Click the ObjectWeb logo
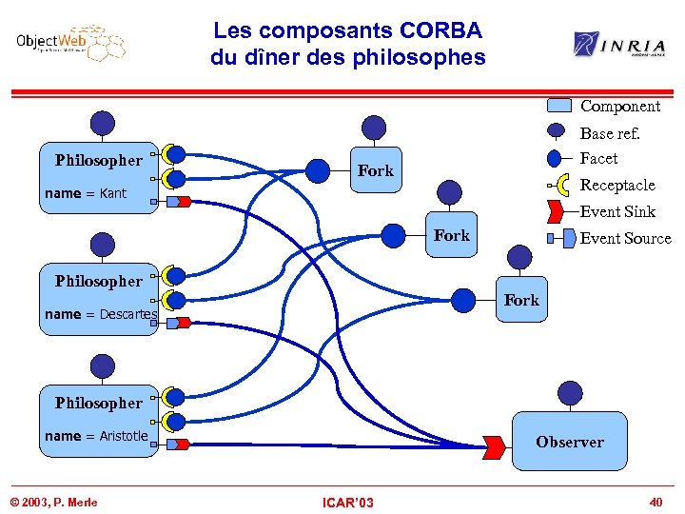coord(71,44)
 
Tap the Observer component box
coord(569,442)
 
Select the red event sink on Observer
coord(495,445)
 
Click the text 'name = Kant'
coord(86,193)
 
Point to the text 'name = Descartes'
coord(100,314)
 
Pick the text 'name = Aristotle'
coord(96,436)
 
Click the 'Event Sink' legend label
coord(617,211)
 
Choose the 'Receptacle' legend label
coord(617,185)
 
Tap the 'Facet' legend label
coord(598,158)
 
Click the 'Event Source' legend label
coord(625,238)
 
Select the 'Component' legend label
coord(619,106)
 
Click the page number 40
coord(655,502)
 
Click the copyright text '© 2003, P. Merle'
coord(54,502)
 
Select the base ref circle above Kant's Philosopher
coord(103,123)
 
